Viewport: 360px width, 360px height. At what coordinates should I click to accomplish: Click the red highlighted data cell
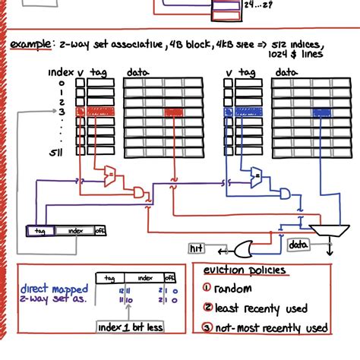click(x=175, y=111)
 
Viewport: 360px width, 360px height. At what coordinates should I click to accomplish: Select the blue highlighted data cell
click(x=322, y=111)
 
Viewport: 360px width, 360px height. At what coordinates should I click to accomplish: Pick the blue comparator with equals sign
click(x=256, y=178)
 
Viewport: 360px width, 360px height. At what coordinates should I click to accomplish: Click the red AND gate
click(x=139, y=190)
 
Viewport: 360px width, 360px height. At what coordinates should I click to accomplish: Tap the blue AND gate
click(x=285, y=193)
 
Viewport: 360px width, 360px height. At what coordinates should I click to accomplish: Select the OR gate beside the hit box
click(x=245, y=247)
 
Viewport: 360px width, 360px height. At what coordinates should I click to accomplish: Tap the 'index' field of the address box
click(x=74, y=231)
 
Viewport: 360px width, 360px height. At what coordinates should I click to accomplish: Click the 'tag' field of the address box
click(x=39, y=231)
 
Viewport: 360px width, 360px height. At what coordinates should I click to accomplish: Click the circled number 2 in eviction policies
click(x=207, y=308)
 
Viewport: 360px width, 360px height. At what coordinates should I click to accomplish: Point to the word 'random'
click(x=233, y=289)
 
